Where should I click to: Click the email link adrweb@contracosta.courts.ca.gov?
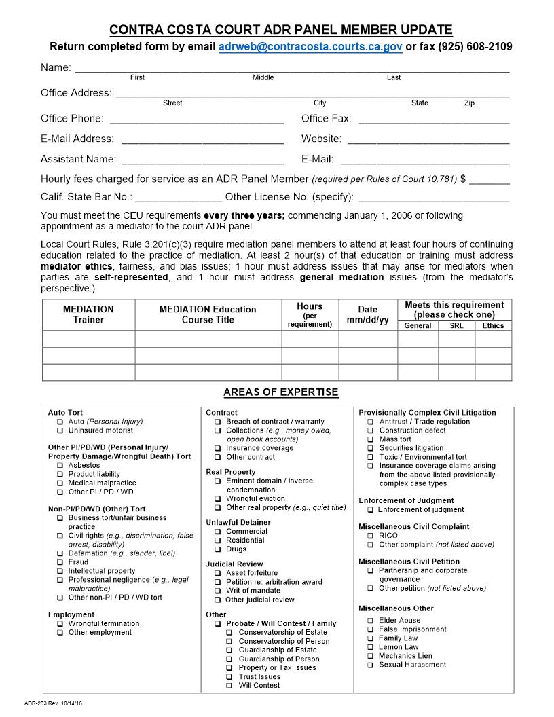[310, 47]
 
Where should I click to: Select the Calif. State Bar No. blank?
[179, 198]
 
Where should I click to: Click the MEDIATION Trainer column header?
[88, 314]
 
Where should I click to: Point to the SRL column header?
[456, 326]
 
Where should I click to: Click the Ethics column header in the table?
[493, 326]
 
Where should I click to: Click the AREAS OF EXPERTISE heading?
[280, 392]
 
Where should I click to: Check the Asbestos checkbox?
[60, 466]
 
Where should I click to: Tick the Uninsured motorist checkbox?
[60, 430]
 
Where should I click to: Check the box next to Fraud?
[60, 562]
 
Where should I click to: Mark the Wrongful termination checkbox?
[60, 623]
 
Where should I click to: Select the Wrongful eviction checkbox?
[218, 498]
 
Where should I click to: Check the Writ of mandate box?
[218, 591]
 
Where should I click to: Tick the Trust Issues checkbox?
[230, 676]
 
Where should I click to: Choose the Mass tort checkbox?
[371, 439]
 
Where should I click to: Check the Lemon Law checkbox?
[371, 647]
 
